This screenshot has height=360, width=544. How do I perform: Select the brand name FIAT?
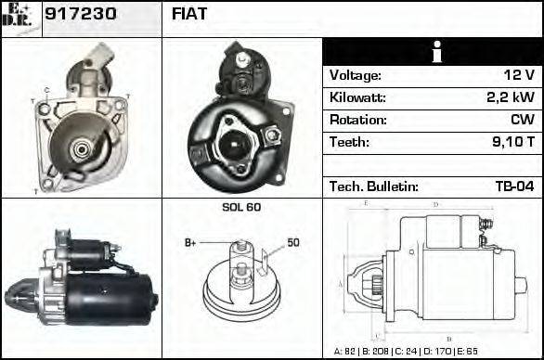[190, 14]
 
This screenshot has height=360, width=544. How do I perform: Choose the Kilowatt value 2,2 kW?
[510, 97]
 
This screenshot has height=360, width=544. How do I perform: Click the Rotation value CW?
[522, 120]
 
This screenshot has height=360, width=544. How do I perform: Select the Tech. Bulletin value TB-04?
[514, 186]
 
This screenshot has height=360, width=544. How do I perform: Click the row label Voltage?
[355, 75]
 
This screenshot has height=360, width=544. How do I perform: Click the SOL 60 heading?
[241, 207]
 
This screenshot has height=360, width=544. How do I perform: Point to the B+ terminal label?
[190, 243]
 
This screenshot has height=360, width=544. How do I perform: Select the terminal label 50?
[293, 243]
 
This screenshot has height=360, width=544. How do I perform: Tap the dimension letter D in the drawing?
[436, 204]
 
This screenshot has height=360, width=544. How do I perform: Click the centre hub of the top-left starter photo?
[80, 147]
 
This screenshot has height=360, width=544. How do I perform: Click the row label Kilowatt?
[357, 97]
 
